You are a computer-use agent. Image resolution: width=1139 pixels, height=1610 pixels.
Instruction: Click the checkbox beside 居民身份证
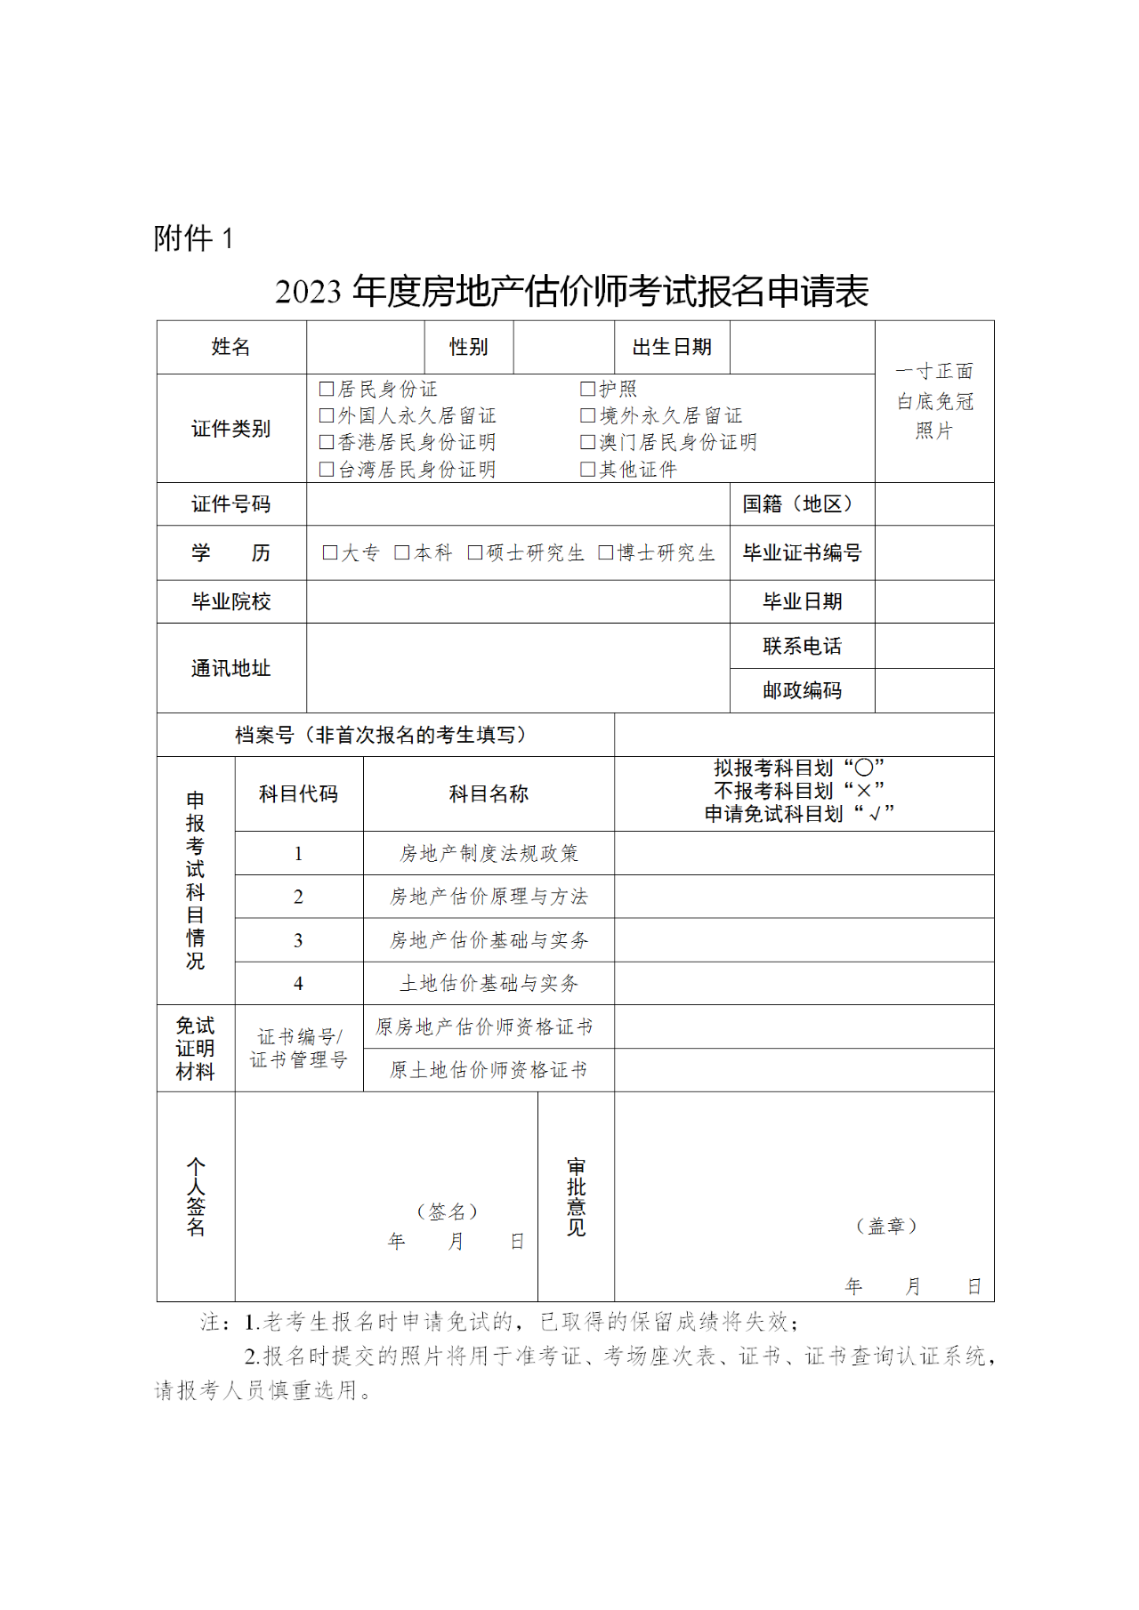pyautogui.click(x=327, y=389)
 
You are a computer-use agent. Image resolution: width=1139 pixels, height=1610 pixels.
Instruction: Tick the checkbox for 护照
pyautogui.click(x=587, y=389)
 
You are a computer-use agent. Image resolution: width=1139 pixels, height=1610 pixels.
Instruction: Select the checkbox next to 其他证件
pyautogui.click(x=587, y=469)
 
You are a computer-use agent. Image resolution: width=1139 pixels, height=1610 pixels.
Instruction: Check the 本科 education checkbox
pyautogui.click(x=402, y=552)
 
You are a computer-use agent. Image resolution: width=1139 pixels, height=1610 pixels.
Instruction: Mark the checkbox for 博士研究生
pyautogui.click(x=606, y=552)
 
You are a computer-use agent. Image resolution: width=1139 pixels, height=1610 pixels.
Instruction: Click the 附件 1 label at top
pyautogui.click(x=193, y=238)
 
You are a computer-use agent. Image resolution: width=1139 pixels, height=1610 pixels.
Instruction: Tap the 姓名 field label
pyautogui.click(x=230, y=347)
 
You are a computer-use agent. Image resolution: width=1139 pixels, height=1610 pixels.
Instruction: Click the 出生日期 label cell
pyautogui.click(x=672, y=347)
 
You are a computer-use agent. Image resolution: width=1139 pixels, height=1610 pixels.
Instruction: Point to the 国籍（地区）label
pyautogui.click(x=802, y=503)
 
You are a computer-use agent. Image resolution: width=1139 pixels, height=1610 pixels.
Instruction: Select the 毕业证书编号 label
pyautogui.click(x=802, y=552)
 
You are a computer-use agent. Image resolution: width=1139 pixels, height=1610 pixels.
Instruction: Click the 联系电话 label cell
pyautogui.click(x=802, y=646)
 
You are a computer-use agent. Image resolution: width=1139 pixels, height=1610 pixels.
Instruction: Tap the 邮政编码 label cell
pyautogui.click(x=802, y=690)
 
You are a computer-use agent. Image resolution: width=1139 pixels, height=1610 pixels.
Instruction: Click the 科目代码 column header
pyautogui.click(x=298, y=793)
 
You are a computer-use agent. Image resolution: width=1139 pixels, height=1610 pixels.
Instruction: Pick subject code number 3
pyautogui.click(x=298, y=940)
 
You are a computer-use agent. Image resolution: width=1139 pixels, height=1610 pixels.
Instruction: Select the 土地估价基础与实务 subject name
pyautogui.click(x=489, y=983)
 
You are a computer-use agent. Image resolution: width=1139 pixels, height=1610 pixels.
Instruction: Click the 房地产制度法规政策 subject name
pyautogui.click(x=489, y=853)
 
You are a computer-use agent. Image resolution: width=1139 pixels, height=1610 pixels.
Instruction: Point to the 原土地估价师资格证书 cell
pyautogui.click(x=489, y=1070)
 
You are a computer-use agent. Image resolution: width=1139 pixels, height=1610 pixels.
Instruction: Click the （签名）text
pyautogui.click(x=448, y=1212)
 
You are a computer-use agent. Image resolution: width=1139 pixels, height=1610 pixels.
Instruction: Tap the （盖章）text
pyautogui.click(x=886, y=1226)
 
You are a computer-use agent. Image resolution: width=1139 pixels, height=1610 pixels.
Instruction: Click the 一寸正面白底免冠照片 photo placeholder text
pyautogui.click(x=934, y=401)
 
